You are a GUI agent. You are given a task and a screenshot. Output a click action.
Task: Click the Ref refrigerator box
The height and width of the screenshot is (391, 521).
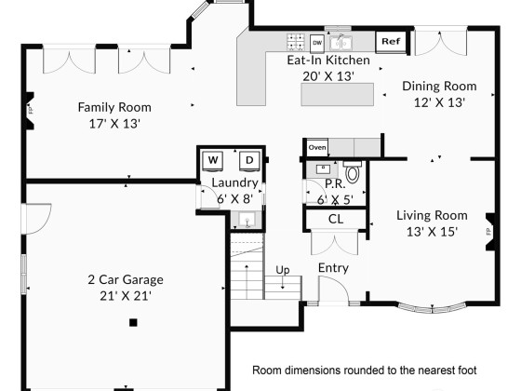click(x=391, y=42)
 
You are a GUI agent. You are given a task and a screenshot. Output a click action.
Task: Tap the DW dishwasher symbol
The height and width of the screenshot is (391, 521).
click(x=317, y=43)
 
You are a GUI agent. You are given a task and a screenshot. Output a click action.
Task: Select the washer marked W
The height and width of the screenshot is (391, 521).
click(x=213, y=161)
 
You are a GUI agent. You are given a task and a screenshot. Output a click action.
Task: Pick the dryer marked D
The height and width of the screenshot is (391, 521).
click(x=249, y=161)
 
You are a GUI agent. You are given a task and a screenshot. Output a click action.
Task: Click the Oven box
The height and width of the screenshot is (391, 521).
click(x=317, y=147)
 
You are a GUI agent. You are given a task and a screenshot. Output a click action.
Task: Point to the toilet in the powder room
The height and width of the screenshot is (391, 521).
click(x=353, y=171)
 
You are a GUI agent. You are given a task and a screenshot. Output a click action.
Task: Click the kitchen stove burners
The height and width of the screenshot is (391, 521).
click(x=297, y=42)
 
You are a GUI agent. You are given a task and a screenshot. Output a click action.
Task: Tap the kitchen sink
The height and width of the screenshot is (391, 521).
click(x=341, y=43)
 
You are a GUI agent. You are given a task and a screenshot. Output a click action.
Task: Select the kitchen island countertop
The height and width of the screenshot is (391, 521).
click(x=337, y=95)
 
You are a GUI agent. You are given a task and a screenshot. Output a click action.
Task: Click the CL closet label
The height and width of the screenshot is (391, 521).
click(x=336, y=219)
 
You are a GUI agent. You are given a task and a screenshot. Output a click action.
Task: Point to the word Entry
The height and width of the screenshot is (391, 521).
click(x=333, y=268)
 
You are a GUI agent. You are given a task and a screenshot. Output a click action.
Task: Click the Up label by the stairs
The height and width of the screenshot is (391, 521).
click(x=283, y=270)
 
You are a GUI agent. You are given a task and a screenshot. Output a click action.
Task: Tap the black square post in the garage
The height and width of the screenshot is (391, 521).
click(x=133, y=322)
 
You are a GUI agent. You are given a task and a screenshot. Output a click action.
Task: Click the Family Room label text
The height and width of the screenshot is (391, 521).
click(x=114, y=107)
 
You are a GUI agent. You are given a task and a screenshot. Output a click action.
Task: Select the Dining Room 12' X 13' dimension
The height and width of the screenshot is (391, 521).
click(x=439, y=102)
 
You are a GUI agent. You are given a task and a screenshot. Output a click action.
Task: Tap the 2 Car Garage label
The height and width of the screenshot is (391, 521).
click(x=126, y=279)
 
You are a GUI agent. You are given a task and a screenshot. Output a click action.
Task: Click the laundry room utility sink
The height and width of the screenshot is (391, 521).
click(x=247, y=220)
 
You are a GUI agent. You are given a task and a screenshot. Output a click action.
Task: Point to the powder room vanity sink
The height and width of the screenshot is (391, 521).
click(x=323, y=169)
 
